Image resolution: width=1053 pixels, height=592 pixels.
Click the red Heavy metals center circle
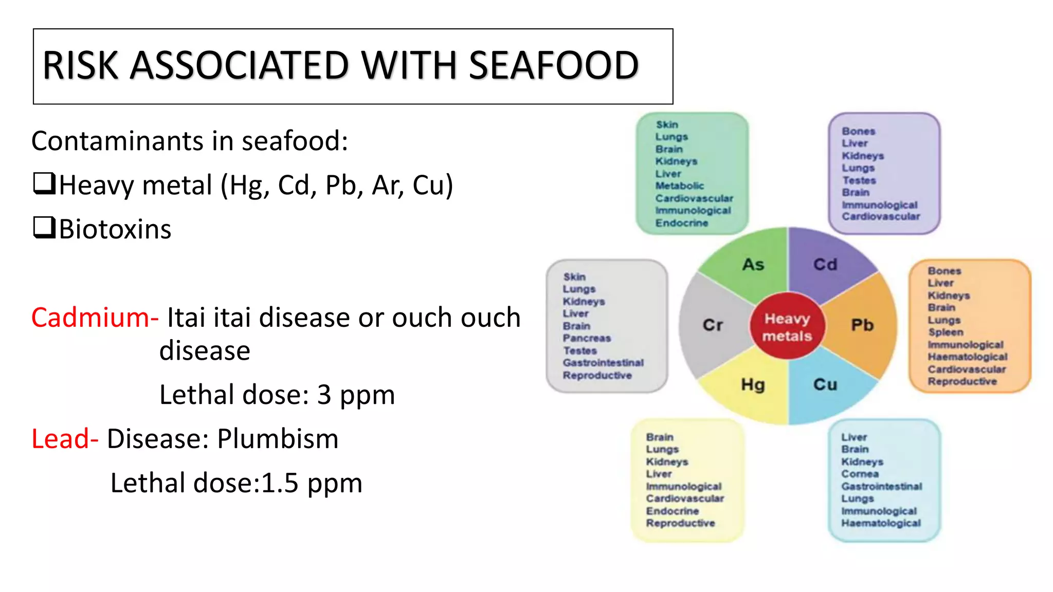pos(787,327)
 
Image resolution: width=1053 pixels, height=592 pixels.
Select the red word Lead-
pos(65,439)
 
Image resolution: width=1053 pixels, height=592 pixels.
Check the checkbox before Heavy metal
pos(44,183)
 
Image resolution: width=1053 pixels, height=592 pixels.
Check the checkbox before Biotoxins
pos(44,228)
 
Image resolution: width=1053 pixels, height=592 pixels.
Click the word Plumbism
pos(278,439)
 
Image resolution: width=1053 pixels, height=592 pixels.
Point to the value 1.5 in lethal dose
pos(280,483)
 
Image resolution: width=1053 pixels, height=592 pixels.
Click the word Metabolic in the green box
pos(679,186)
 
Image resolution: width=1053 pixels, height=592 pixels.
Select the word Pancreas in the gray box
pos(587,338)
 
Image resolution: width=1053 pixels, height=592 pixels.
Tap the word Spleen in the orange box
pos(946,332)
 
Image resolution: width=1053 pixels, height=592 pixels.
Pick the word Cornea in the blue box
pos(860,474)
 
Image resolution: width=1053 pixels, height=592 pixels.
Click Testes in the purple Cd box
pos(859,180)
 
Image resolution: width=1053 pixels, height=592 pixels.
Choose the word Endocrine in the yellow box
pos(672,511)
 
